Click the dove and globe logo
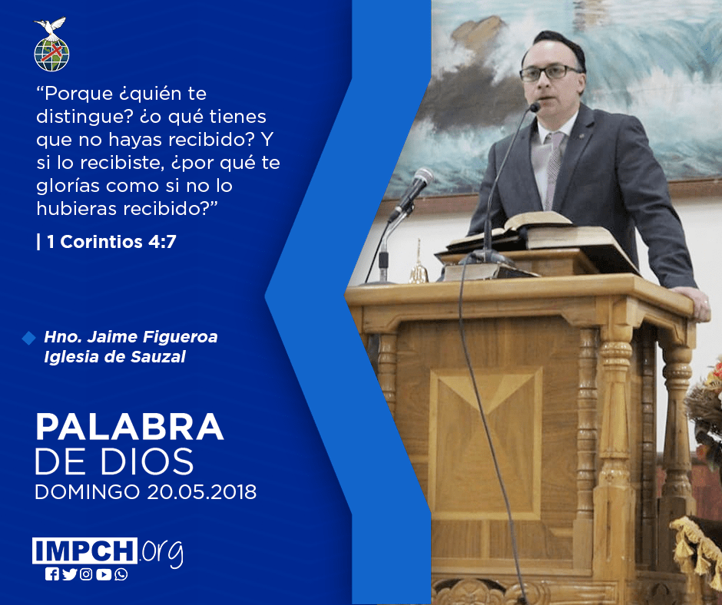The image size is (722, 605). tap(51, 45)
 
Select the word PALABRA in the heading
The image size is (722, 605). tap(129, 427)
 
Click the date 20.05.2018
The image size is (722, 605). tap(202, 491)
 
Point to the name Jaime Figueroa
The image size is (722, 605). tap(152, 336)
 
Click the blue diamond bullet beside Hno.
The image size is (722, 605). tap(28, 338)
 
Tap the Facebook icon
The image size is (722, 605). tap(52, 574)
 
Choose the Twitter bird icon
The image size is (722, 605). tap(69, 574)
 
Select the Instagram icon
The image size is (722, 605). tap(86, 574)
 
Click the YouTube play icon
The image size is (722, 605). tap(104, 574)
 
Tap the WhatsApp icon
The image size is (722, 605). tap(121, 574)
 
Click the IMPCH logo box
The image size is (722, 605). tap(84, 550)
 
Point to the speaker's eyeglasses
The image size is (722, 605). tap(550, 72)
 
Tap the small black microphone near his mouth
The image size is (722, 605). tap(535, 107)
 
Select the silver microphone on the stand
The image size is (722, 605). tap(412, 191)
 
